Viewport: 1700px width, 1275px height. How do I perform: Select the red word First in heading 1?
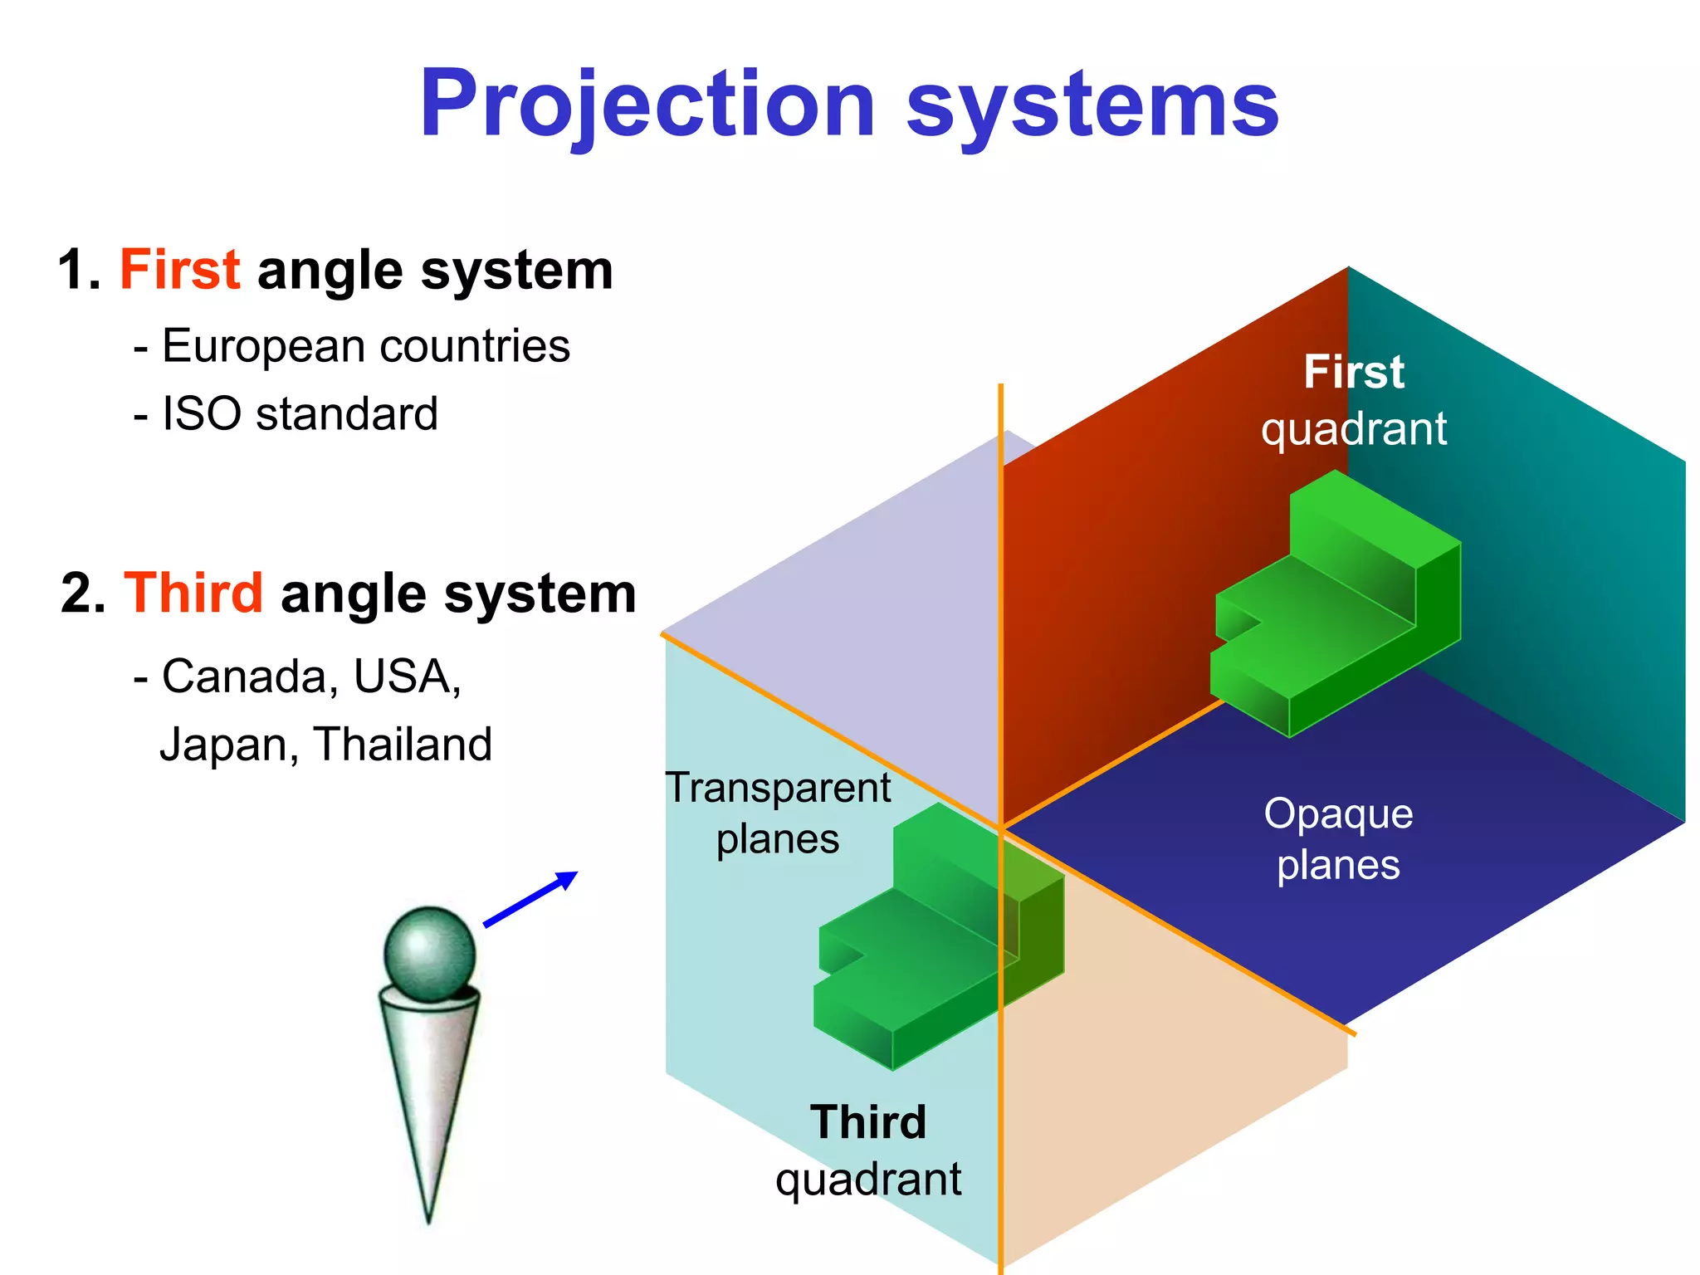180,270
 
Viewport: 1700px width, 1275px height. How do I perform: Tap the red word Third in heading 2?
193,594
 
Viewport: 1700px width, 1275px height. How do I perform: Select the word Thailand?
403,745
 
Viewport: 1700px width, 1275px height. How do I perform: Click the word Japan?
224,745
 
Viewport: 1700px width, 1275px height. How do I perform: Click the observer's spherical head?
430,953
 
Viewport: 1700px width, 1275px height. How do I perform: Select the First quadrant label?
1353,400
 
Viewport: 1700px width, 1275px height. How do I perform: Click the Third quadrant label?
868,1150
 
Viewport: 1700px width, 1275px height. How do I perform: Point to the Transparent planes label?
778,813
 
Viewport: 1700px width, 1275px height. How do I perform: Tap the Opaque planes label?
1338,839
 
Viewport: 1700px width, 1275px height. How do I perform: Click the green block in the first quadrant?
1336,614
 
